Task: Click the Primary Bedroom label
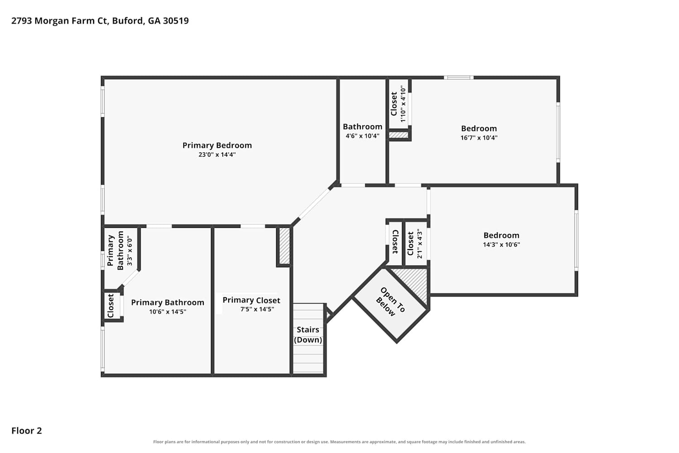coord(217,145)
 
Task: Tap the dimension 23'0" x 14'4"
coord(217,154)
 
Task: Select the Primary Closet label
coord(251,300)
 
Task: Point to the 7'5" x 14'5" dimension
coord(257,309)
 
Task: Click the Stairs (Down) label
coord(308,335)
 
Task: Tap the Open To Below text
coord(390,302)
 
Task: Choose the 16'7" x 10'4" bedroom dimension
coord(479,138)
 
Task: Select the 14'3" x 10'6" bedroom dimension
coord(502,245)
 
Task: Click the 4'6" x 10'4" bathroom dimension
coord(363,136)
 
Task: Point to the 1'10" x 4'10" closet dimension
coord(403,104)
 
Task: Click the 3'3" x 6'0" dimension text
coord(130,251)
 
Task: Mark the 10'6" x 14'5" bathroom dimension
coord(167,312)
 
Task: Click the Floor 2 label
coord(27,431)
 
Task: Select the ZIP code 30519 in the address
coord(176,21)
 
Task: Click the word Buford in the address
coord(128,21)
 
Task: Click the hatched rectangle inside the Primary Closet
coord(284,246)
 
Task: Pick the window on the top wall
coord(459,77)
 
